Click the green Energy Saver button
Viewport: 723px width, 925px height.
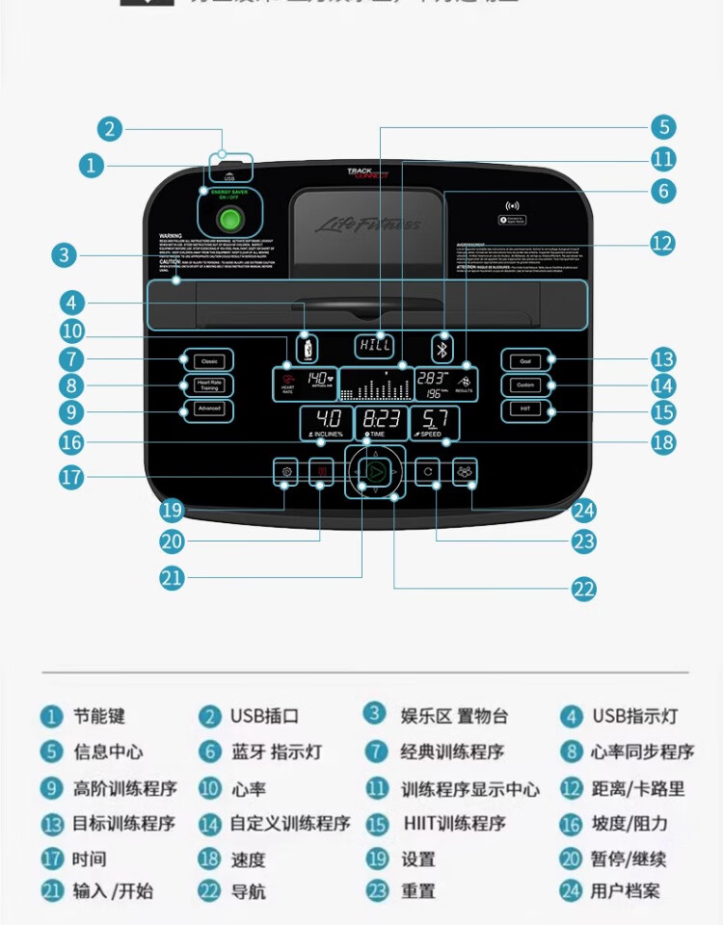click(229, 220)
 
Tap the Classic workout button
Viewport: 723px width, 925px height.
click(208, 361)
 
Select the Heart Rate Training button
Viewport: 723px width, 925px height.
click(208, 385)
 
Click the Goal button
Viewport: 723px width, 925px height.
click(525, 361)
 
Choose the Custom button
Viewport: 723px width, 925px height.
click(525, 385)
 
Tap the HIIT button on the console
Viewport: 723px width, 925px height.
click(525, 409)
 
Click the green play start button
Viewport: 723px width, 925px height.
click(375, 471)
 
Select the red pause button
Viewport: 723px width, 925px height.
click(322, 471)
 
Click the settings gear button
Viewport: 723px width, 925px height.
click(285, 472)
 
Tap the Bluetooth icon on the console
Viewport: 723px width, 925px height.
click(442, 348)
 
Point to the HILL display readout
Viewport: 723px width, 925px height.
click(374, 345)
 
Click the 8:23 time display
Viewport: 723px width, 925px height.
click(381, 420)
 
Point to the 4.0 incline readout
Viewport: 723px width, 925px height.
click(328, 420)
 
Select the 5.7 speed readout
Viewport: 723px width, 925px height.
click(435, 420)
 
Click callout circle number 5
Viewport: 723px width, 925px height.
click(661, 127)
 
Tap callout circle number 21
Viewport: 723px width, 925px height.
click(173, 578)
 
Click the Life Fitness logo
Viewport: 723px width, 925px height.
click(367, 225)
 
